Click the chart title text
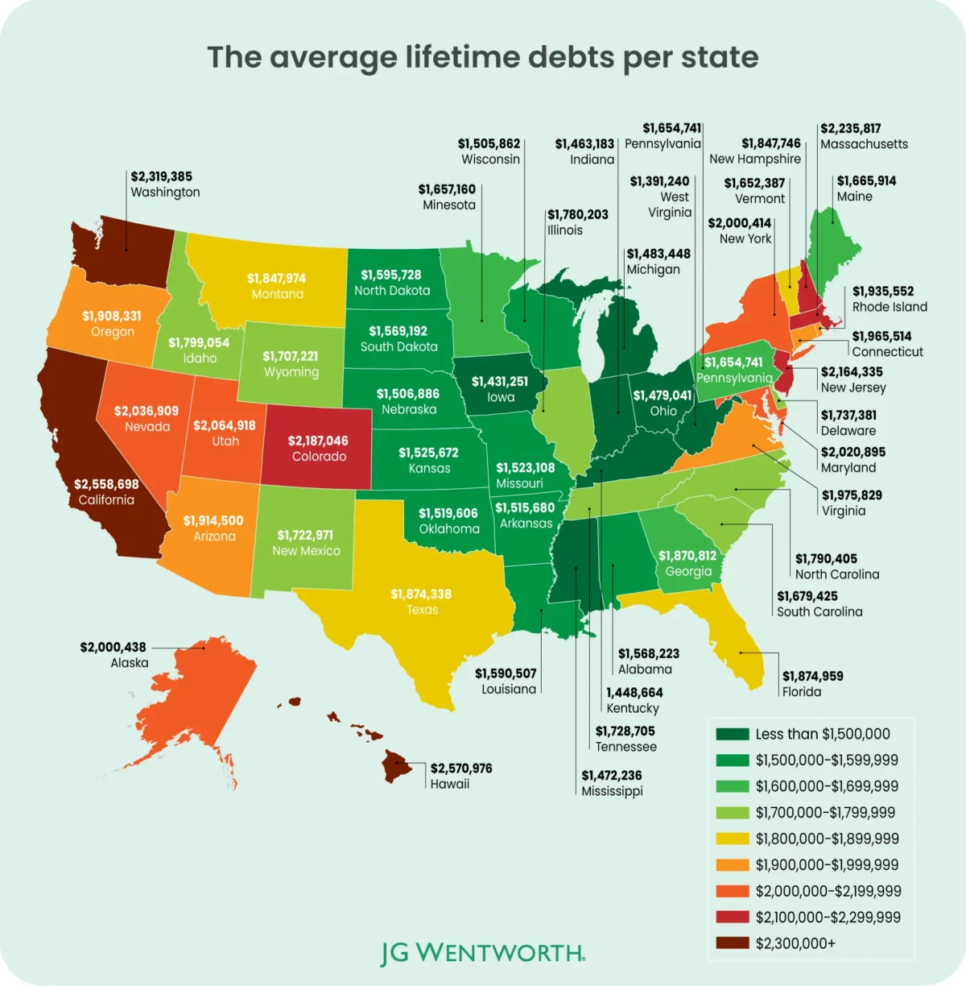coord(482,58)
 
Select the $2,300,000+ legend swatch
coord(732,943)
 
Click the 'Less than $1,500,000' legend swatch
coord(732,734)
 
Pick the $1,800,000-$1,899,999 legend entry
coord(827,839)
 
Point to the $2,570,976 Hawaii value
coord(461,768)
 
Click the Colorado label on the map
coord(319,457)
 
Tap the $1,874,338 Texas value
coord(421,594)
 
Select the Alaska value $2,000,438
coord(113,647)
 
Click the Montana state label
coord(277,294)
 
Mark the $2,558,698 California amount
coord(106,484)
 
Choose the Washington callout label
coord(165,193)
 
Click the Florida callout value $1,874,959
coord(813,676)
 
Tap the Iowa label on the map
coord(500,397)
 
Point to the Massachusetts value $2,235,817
coord(850,128)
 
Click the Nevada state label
coord(147,427)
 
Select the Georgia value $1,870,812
coord(687,556)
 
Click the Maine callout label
coord(854,197)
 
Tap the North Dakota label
coord(392,291)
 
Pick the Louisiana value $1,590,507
coord(506,673)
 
